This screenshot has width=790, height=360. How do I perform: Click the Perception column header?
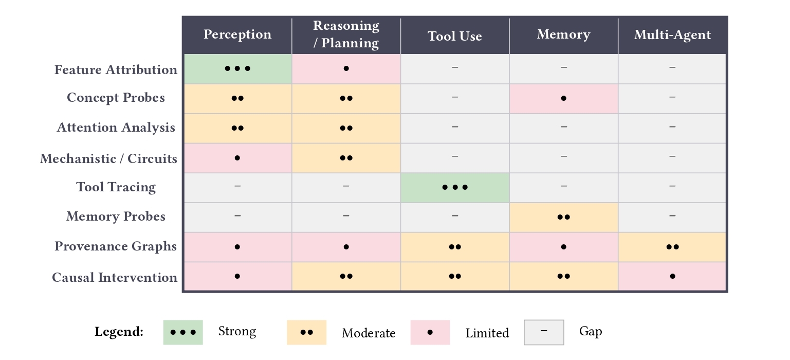(237, 35)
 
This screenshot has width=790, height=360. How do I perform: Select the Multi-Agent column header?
(672, 35)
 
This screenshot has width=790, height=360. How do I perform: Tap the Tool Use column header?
(455, 36)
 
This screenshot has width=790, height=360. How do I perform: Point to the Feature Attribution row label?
(116, 70)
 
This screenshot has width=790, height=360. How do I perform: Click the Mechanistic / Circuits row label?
(108, 159)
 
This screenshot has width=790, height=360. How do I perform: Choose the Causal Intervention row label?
(115, 278)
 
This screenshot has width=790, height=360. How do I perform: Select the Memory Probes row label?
(116, 217)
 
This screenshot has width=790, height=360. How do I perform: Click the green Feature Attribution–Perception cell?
(237, 68)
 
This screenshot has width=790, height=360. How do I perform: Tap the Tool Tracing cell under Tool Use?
(455, 187)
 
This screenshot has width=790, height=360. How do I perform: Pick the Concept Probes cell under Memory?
(564, 98)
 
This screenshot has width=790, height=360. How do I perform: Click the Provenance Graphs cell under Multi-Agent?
(672, 247)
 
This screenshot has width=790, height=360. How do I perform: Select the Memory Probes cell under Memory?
(564, 217)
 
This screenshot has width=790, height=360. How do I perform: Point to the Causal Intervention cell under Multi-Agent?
(672, 276)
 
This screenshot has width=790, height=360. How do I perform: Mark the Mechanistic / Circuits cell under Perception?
(237, 158)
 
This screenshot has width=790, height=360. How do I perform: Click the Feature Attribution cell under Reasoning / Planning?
(346, 68)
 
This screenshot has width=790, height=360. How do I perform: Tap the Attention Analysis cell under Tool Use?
(455, 128)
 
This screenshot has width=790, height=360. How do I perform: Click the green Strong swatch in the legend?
(183, 332)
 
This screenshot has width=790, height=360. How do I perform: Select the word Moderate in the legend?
(369, 333)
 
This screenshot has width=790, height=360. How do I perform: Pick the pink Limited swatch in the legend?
(430, 332)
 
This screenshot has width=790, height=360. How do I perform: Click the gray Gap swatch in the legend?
(544, 332)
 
